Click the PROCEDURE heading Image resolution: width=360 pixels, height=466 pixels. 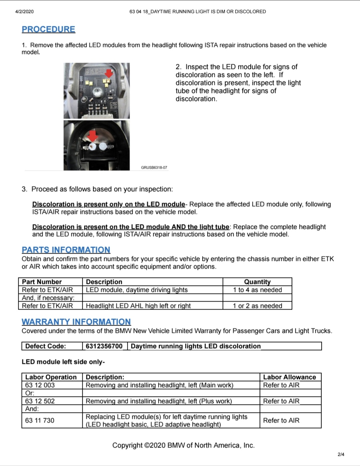[48, 29]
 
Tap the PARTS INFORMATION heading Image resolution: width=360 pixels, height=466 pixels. [66, 250]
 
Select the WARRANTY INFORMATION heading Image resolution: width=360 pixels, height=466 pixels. [76, 322]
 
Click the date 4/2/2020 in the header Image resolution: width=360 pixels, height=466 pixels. [24, 12]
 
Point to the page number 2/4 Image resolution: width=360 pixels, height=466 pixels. [341, 454]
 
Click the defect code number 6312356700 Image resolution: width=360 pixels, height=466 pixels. [104, 346]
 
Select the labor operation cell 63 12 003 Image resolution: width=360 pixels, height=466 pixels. [40, 385]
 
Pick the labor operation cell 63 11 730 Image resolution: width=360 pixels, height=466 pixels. [40, 420]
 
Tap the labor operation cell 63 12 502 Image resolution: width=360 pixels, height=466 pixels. [40, 401]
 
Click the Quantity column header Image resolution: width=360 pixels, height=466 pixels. [257, 282]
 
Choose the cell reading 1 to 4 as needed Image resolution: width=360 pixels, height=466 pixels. [258, 290]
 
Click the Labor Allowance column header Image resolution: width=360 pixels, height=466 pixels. [290, 377]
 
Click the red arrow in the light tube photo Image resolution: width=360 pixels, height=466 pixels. [92, 136]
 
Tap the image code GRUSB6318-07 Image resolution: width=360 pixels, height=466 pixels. [154, 167]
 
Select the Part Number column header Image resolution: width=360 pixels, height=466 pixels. [42, 282]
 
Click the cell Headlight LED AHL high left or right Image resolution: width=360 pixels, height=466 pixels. [138, 306]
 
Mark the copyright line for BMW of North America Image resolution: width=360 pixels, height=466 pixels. [184, 445]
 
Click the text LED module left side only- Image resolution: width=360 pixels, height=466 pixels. [63, 362]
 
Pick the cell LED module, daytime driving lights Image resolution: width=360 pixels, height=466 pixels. [137, 290]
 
